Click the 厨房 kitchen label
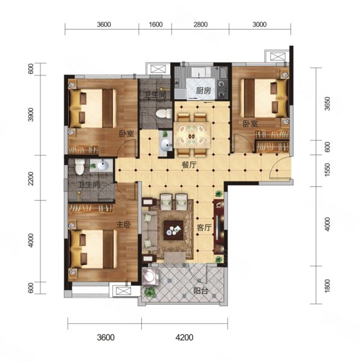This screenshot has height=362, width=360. (x=204, y=91)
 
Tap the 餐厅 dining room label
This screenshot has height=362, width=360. (x=189, y=165)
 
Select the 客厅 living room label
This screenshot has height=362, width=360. (x=204, y=227)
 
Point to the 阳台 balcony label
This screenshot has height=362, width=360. (x=201, y=291)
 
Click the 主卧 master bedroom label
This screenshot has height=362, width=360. (x=124, y=224)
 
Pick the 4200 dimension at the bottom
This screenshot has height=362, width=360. (x=184, y=337)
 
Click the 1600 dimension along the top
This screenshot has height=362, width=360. (x=156, y=25)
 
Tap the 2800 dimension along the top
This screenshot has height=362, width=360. (x=201, y=25)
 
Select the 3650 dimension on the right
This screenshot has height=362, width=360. (x=327, y=104)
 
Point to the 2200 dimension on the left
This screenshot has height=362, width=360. (x=31, y=179)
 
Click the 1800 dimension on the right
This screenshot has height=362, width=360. (x=327, y=286)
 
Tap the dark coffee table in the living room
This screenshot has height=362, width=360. (x=173, y=230)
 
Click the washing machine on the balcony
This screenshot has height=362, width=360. (x=150, y=276)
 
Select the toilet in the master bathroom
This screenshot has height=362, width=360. (x=80, y=167)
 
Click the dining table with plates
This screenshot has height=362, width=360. (x=192, y=135)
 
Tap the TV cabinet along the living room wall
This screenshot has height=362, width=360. (x=219, y=227)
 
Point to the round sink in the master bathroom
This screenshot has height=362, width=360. (x=103, y=165)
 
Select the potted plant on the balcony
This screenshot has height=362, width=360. (x=150, y=293)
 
